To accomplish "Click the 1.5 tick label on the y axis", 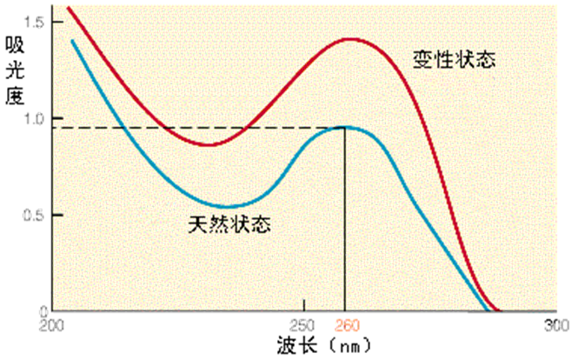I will point(37,21).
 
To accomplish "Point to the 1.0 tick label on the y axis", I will point(37,118).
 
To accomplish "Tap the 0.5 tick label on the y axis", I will point(37,215).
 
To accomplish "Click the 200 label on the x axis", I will point(54,326).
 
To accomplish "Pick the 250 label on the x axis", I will point(303,326).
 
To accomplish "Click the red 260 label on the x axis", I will point(345,326).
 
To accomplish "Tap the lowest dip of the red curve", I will point(209,144).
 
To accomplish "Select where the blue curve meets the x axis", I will point(485,310).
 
